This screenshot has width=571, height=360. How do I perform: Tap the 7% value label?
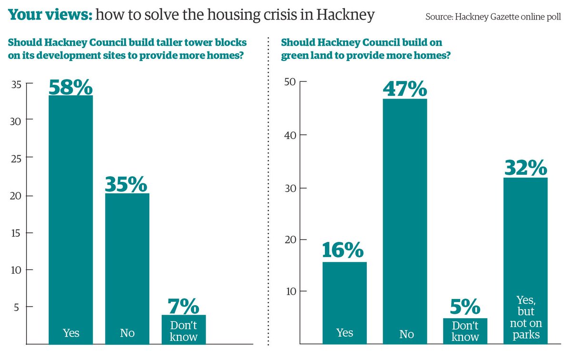coord(183,306)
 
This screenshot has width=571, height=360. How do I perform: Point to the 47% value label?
coord(405,89)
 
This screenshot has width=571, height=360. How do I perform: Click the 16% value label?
coord(344,251)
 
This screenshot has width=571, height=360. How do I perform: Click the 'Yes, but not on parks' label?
coord(525,318)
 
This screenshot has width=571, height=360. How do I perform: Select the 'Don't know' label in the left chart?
coord(183,331)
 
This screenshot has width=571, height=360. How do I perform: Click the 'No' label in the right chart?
coord(406,334)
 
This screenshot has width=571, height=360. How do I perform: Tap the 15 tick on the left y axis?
coord(17,233)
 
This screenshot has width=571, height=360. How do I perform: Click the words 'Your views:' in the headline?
coord(50,16)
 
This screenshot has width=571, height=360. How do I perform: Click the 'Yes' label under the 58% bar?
coord(71,333)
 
